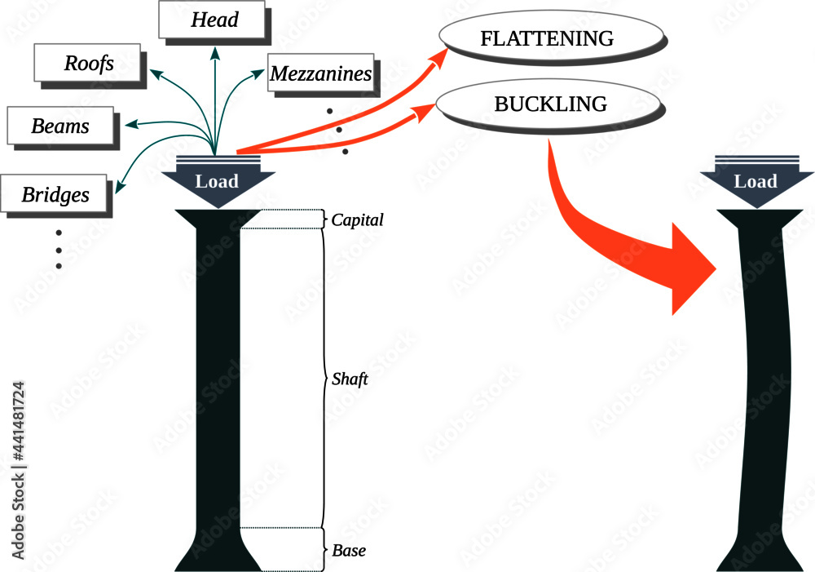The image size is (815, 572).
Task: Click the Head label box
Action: coord(214,20)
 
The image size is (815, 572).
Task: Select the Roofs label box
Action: coord(88,63)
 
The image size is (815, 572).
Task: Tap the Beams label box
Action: coord(59,126)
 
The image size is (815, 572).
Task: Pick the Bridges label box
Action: coord(55,195)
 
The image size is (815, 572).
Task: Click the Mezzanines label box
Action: coord(321,74)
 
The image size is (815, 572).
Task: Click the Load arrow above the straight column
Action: coord(217,181)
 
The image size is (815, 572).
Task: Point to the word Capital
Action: coord(357,220)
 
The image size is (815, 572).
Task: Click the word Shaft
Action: coord(350,379)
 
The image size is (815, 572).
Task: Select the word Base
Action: coord(348,550)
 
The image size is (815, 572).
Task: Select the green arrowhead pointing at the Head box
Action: coord(215,54)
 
